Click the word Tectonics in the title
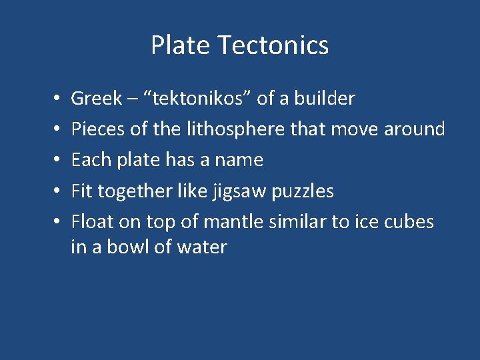point(273,45)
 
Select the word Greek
point(97,99)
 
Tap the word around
point(414,129)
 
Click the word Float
point(92,221)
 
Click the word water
point(202,247)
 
